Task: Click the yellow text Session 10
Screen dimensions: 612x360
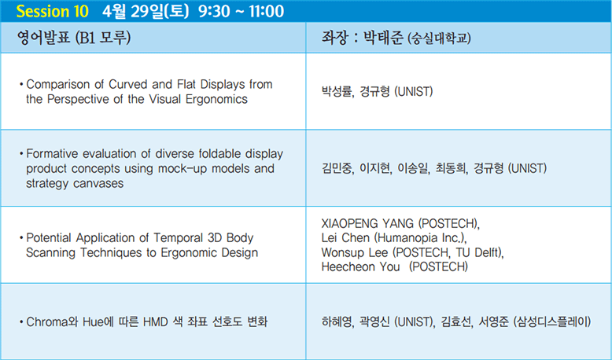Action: click(x=52, y=11)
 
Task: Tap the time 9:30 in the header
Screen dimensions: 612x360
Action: click(x=214, y=11)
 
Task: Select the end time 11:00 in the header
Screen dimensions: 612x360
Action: click(x=266, y=11)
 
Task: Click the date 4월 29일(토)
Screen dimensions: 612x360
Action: click(x=146, y=11)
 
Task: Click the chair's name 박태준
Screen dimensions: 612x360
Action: click(x=383, y=38)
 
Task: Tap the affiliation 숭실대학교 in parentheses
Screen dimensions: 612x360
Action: click(x=439, y=39)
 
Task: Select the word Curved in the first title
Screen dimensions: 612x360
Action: click(x=128, y=84)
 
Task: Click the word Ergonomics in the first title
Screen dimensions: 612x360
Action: click(x=216, y=100)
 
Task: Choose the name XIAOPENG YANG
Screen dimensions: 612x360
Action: click(x=367, y=223)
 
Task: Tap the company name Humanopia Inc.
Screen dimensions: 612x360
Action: click(x=419, y=238)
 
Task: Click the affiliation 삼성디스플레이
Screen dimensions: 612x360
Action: click(x=552, y=321)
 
